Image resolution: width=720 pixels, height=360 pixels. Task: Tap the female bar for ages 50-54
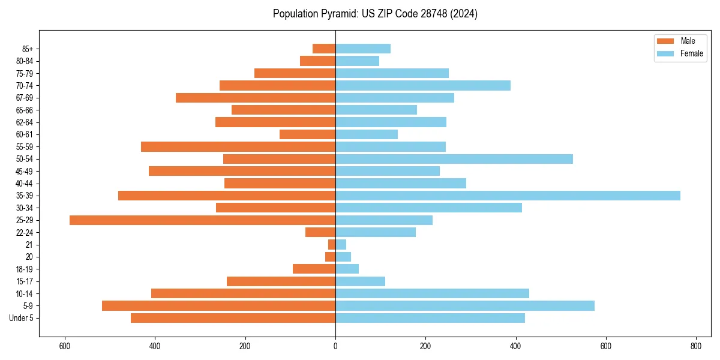(x=454, y=159)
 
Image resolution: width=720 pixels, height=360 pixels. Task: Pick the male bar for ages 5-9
(x=218, y=306)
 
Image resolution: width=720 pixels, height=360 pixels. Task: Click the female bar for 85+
(x=363, y=49)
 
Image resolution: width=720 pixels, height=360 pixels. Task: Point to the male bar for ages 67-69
(x=256, y=98)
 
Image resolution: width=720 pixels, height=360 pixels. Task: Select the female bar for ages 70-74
(x=423, y=86)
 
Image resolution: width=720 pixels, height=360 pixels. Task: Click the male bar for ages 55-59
(x=238, y=147)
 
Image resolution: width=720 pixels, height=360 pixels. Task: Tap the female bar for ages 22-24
(x=376, y=232)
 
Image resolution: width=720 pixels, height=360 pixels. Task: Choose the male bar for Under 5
(x=233, y=318)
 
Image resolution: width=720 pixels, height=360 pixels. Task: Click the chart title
(x=375, y=14)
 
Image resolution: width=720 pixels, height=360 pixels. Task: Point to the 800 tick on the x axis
(x=696, y=346)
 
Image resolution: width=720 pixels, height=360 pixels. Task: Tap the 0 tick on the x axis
(x=335, y=346)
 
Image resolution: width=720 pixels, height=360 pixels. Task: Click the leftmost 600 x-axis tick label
(x=65, y=346)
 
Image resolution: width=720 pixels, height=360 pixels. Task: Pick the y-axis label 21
(x=29, y=245)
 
